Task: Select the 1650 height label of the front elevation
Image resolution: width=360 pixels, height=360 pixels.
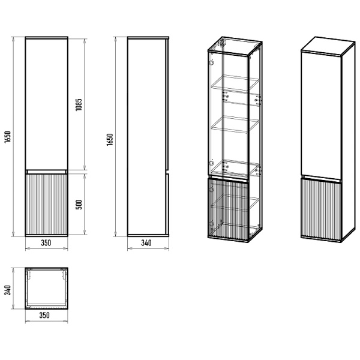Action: (x=8, y=138)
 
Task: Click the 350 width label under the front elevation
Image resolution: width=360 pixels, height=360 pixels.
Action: (x=46, y=244)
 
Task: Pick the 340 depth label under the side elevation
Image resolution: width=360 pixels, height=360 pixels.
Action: (x=146, y=244)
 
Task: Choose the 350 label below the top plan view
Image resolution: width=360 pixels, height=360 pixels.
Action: (x=46, y=314)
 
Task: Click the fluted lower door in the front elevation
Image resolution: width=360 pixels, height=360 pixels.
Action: (x=46, y=204)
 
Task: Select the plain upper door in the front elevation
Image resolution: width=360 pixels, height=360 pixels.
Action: (x=46, y=102)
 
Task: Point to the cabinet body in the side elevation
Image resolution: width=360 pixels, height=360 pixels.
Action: (x=146, y=138)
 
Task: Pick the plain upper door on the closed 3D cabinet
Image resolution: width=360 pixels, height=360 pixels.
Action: (x=321, y=114)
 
